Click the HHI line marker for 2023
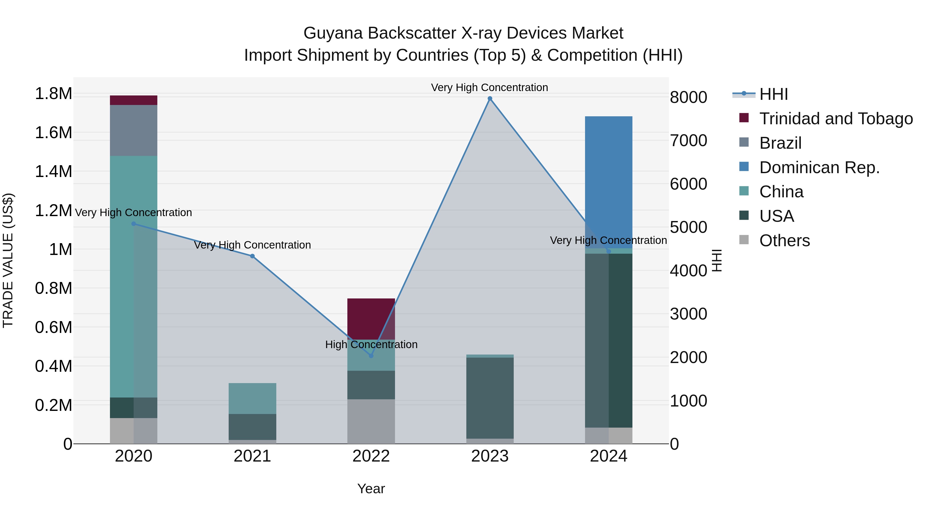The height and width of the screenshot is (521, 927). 490,99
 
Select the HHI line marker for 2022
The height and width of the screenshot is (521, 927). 371,356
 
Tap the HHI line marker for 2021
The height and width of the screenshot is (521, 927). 252,256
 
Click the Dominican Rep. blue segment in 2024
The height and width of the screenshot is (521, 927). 608,173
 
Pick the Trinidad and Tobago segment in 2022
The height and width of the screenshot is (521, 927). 371,319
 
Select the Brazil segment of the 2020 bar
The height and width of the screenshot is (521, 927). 133,130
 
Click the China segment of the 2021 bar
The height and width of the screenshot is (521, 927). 252,398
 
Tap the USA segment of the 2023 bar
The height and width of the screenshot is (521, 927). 490,398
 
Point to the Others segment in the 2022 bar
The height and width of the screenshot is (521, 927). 371,421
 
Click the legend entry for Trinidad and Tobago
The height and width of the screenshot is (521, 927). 836,119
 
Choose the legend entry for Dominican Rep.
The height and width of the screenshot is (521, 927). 819,167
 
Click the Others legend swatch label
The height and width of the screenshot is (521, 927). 785,241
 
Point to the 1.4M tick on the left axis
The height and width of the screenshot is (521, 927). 53,172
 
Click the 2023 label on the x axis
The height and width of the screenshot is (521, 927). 490,456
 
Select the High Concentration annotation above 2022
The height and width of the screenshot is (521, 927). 371,345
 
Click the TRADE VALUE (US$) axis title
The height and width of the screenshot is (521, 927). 8,260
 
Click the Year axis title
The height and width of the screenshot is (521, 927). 371,489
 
